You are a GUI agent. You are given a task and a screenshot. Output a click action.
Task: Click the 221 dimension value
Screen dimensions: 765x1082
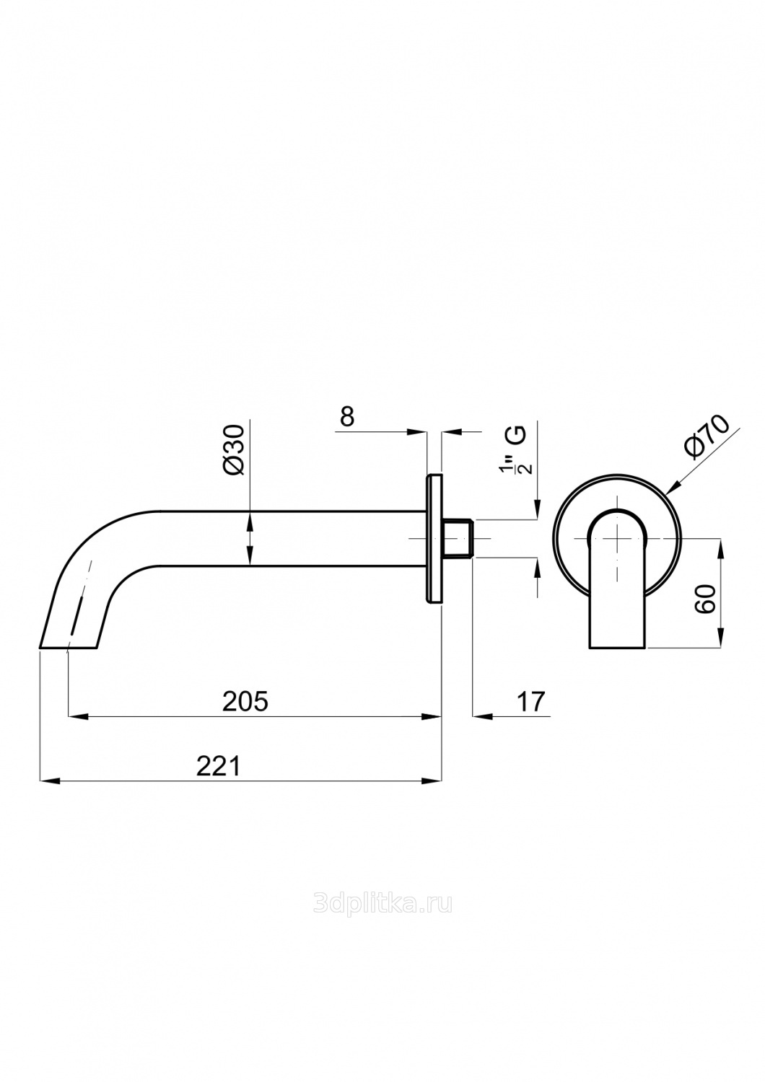click(x=218, y=766)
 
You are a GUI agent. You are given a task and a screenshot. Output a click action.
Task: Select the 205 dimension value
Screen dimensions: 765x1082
click(x=245, y=701)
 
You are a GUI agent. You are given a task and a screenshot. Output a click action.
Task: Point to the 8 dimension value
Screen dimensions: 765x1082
click(x=347, y=416)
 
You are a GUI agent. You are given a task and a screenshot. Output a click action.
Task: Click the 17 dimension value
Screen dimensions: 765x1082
click(x=530, y=701)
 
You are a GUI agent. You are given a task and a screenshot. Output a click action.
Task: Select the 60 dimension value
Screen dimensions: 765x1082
click(x=707, y=599)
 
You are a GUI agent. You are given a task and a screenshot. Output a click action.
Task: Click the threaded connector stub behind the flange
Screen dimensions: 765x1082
click(x=457, y=538)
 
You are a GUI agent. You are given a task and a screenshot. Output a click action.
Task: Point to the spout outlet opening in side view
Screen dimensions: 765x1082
click(x=68, y=647)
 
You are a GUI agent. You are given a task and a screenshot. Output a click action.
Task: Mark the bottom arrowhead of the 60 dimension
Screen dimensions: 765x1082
click(x=720, y=638)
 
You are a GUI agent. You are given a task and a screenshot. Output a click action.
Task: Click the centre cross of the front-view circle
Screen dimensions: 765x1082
click(x=618, y=538)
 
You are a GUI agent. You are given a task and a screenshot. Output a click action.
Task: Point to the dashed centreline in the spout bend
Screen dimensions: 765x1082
click(x=80, y=606)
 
